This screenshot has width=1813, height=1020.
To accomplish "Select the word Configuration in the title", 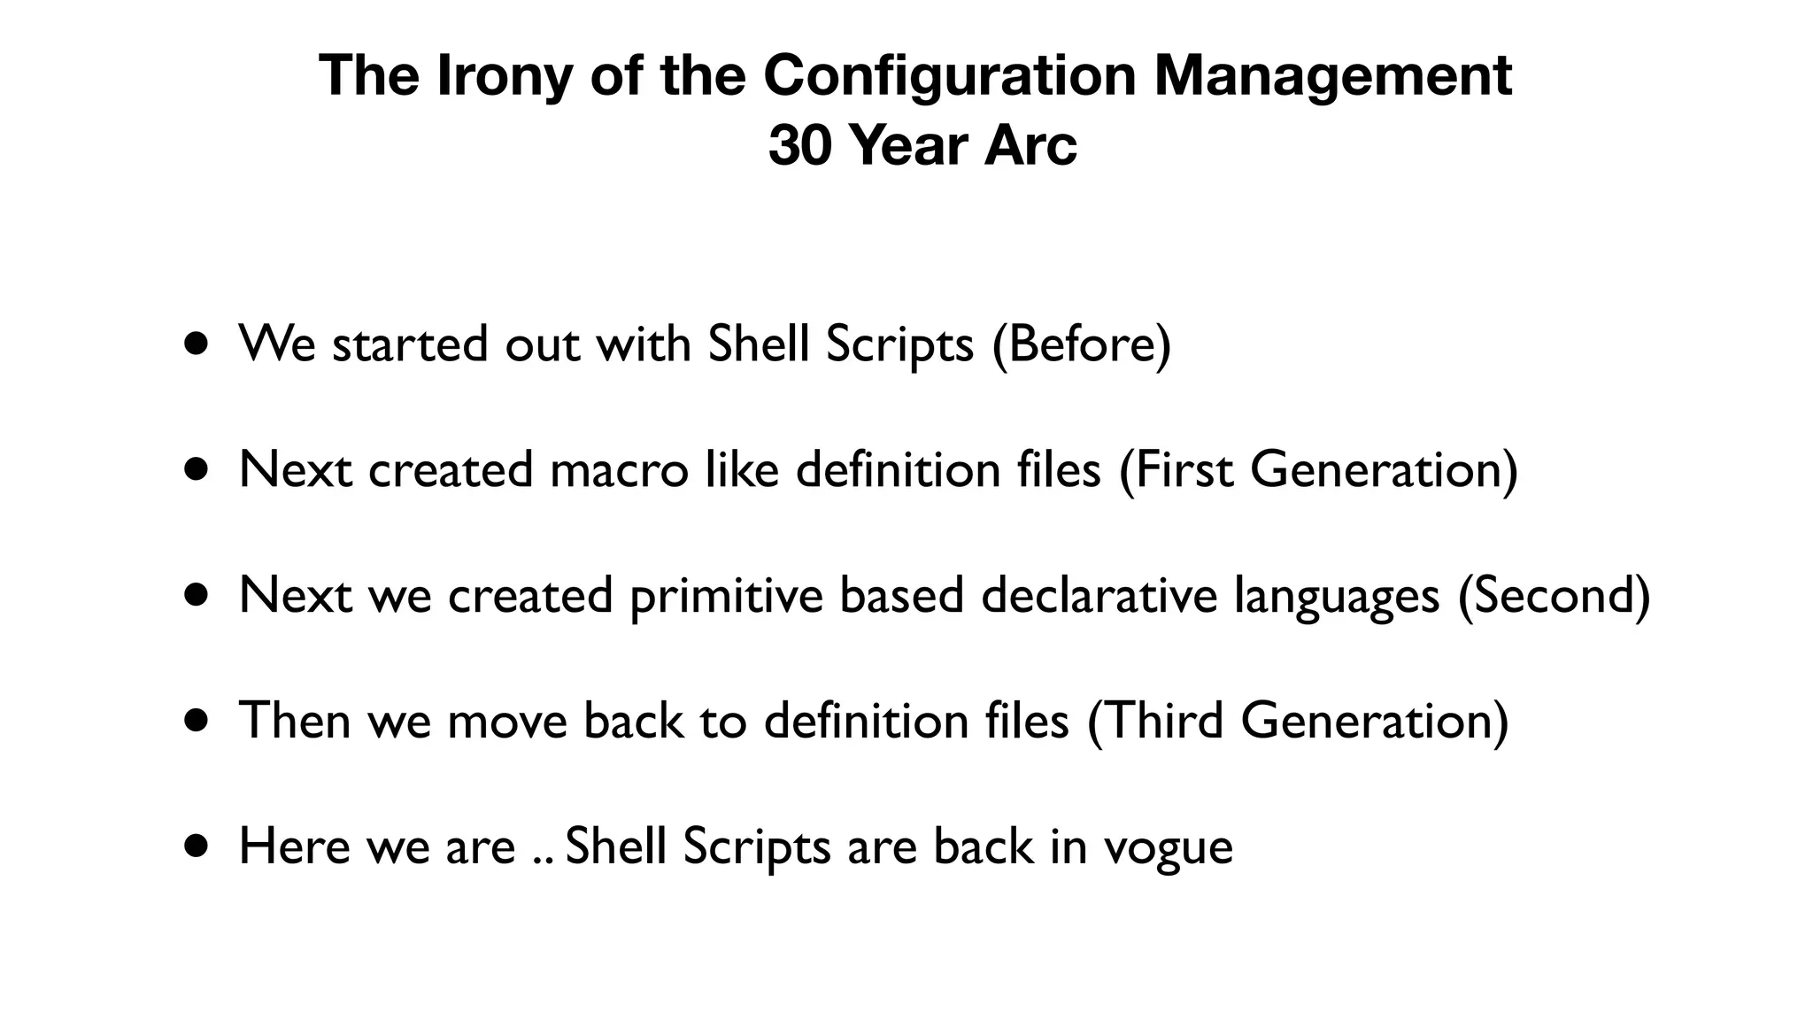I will click(949, 75).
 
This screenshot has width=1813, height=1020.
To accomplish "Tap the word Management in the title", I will click(1333, 75).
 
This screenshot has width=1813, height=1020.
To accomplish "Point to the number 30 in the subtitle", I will click(800, 145).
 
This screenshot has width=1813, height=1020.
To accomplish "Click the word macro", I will click(619, 469).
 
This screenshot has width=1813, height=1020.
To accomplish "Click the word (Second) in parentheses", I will click(1554, 595).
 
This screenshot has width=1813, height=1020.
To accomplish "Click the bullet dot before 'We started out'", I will click(198, 344).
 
